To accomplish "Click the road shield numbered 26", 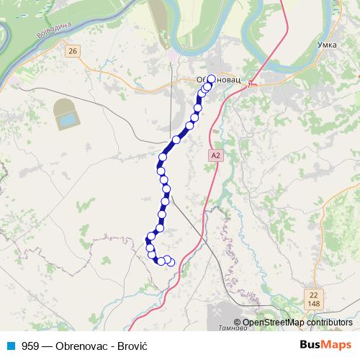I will [x=72, y=50].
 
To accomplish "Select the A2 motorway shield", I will [x=216, y=155].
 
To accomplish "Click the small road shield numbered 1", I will [x=249, y=85].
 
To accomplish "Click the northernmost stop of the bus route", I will [x=212, y=80].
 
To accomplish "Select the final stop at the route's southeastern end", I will [x=171, y=263].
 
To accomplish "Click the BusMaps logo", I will [x=326, y=346].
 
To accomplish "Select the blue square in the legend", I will [x=10, y=346].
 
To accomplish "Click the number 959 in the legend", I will [x=30, y=346].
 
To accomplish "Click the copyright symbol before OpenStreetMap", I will [x=238, y=323].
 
